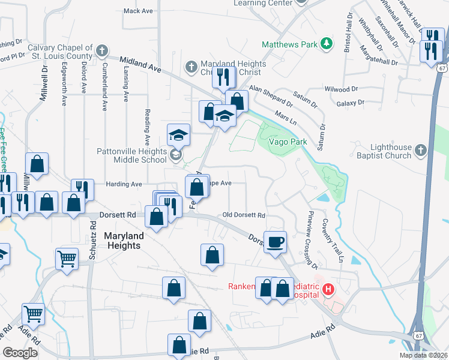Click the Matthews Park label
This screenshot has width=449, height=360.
290,44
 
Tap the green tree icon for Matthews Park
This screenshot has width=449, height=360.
326,43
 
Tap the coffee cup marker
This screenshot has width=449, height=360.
276,242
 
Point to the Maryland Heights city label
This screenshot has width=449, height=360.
122,241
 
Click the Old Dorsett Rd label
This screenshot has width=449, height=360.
244,215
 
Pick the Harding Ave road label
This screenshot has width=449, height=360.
124,184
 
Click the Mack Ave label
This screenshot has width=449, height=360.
138,11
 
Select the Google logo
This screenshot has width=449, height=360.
20,353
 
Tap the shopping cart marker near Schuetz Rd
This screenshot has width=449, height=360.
67,259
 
